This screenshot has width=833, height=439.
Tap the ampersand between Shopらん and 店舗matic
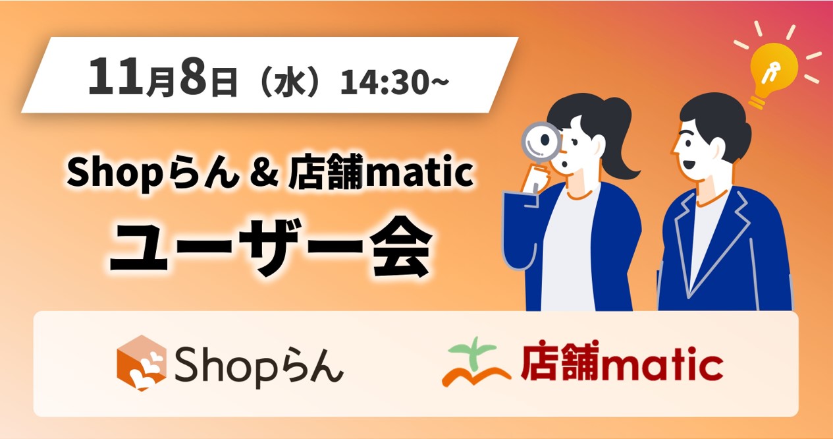point(264,172)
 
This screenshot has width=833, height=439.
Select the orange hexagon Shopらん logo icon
point(142,363)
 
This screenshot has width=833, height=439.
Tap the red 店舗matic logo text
point(622,361)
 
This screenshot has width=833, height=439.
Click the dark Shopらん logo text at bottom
point(258,366)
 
